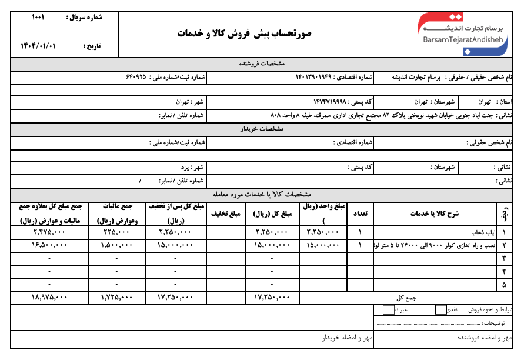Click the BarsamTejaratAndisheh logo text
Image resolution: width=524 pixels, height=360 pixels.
click(x=462, y=39)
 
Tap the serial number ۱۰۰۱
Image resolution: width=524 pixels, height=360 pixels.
click(x=38, y=18)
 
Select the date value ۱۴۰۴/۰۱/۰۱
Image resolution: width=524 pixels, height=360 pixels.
click(x=37, y=45)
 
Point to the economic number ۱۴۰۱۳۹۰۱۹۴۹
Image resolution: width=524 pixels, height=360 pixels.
click(x=321, y=77)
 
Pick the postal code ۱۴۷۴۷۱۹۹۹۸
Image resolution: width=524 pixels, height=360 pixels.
click(x=332, y=102)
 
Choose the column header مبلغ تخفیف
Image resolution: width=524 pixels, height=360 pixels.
click(x=226, y=214)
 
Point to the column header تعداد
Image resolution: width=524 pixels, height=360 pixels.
click(x=359, y=214)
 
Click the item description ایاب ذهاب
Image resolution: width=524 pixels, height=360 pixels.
click(x=482, y=232)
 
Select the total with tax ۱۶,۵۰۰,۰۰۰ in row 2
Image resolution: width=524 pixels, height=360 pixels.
click(x=49, y=245)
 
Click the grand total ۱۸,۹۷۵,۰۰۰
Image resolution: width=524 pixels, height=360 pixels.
click(x=49, y=298)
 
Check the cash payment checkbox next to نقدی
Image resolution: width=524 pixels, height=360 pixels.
click(x=440, y=309)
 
